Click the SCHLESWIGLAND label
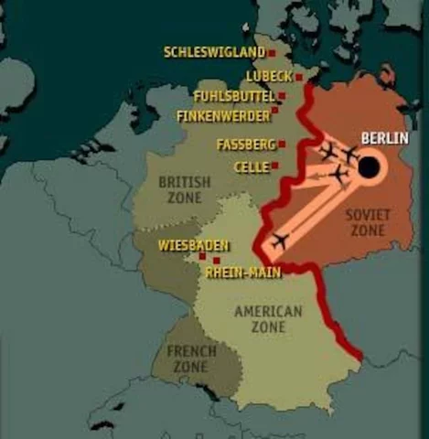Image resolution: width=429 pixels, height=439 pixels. [214, 53]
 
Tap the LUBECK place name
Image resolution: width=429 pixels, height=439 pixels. [269, 76]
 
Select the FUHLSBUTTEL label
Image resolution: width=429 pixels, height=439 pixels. [234, 96]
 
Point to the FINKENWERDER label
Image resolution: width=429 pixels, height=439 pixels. [223, 116]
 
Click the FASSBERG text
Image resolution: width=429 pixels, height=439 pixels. [245, 145]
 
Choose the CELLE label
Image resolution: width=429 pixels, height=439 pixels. [252, 167]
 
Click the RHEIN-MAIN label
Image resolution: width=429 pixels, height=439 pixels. [243, 272]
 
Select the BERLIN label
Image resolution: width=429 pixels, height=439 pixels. [384, 138]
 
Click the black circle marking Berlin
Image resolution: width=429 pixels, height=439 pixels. [369, 167]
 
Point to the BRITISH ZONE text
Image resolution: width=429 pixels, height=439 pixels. [184, 189]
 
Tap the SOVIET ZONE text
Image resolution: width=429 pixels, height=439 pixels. [368, 222]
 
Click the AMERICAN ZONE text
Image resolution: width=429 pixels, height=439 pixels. [268, 319]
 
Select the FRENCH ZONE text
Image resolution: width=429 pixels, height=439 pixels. [191, 358]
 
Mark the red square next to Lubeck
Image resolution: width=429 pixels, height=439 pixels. [298, 78]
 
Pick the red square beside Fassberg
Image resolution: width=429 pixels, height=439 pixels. [282, 144]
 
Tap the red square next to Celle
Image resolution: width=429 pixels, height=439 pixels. [274, 166]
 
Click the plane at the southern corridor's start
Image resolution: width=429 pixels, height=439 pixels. [279, 241]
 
